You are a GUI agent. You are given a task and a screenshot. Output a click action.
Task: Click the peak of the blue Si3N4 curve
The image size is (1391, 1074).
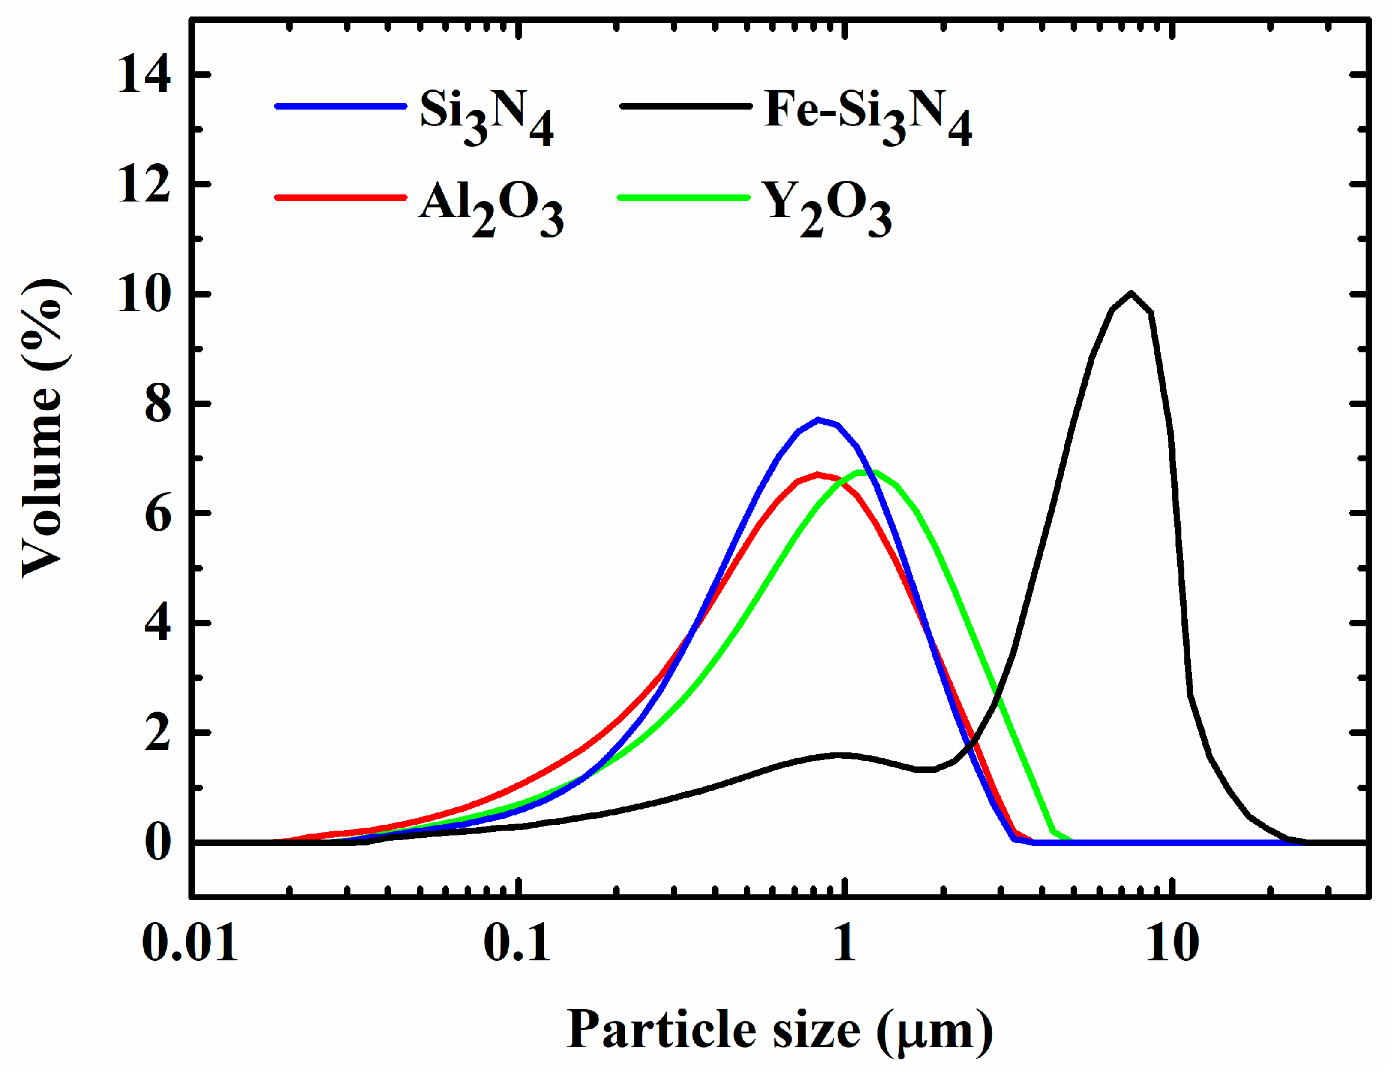(x=819, y=420)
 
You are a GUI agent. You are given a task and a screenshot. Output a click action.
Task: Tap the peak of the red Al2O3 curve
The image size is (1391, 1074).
(x=817, y=475)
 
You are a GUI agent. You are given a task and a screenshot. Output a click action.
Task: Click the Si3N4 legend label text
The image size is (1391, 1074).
(x=486, y=116)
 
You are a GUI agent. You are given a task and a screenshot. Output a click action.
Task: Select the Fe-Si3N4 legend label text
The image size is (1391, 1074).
(x=867, y=116)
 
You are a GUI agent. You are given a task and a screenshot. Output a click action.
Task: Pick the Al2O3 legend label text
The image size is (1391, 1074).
(x=491, y=207)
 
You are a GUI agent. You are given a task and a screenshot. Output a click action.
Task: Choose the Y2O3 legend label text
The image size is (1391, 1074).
(x=828, y=207)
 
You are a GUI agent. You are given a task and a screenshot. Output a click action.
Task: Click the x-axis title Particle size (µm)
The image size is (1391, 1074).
(x=780, y=1030)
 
